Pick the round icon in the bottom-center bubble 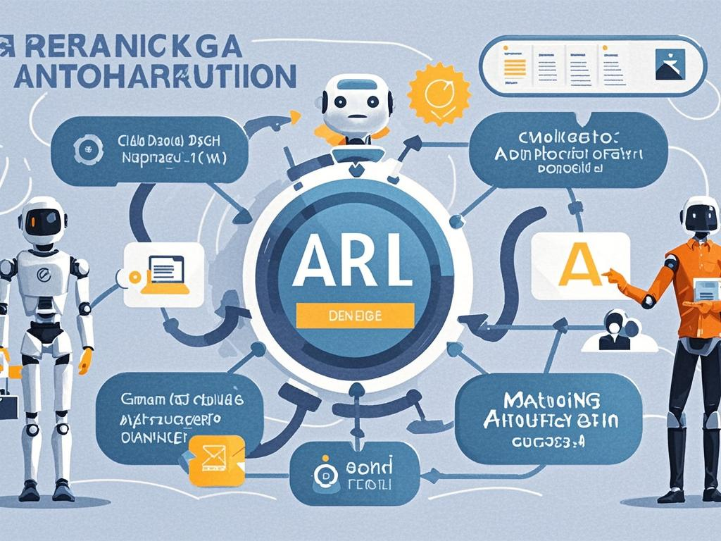[x=325, y=474]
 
